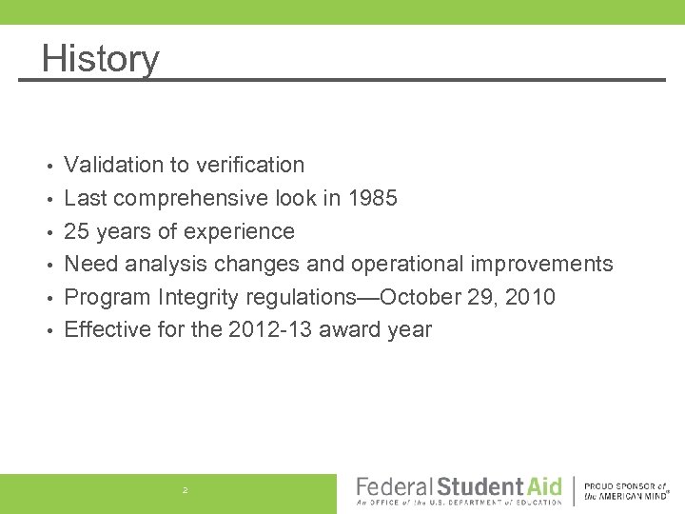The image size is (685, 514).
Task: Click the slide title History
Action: pyautogui.click(x=100, y=58)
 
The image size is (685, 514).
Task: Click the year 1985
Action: pyautogui.click(x=372, y=198)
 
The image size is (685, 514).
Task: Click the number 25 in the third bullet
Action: pyautogui.click(x=76, y=231)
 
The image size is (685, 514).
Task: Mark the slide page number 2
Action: pyautogui.click(x=186, y=489)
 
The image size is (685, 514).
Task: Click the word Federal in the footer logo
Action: pyautogui.click(x=394, y=487)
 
